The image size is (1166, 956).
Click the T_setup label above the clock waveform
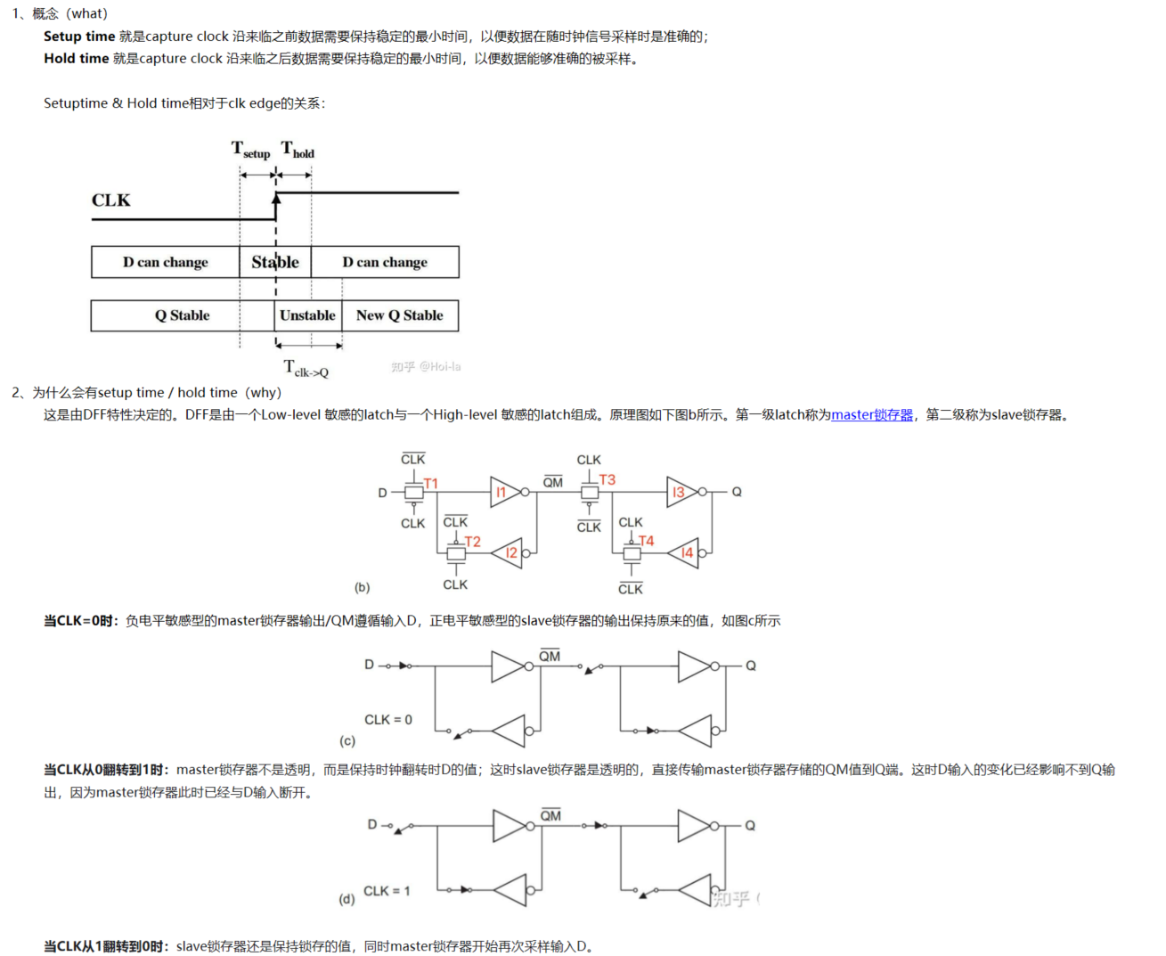click(x=250, y=150)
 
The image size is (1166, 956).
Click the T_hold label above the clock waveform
click(x=298, y=150)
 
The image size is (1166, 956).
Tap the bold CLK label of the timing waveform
click(x=110, y=200)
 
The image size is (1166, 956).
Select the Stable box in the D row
click(x=275, y=262)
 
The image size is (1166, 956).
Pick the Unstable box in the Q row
click(x=307, y=315)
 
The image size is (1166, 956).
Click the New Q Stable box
click(x=399, y=315)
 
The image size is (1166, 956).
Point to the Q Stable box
click(x=182, y=315)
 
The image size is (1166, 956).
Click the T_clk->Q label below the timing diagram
click(x=306, y=368)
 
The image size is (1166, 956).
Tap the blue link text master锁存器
click(x=872, y=415)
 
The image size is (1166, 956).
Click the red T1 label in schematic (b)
click(x=431, y=484)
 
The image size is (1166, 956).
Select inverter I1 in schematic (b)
click(x=503, y=492)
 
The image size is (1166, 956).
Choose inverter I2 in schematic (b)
click(x=510, y=553)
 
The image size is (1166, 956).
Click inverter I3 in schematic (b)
click(x=681, y=492)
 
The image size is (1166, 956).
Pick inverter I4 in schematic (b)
click(x=685, y=553)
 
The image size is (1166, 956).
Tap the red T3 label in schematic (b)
click(x=607, y=479)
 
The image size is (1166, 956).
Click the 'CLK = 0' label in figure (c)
click(x=388, y=720)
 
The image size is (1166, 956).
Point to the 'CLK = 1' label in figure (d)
click(x=387, y=891)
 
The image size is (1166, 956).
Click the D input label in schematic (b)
click(x=383, y=493)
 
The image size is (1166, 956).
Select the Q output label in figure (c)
click(x=751, y=666)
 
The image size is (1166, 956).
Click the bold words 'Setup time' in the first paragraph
click(x=79, y=37)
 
